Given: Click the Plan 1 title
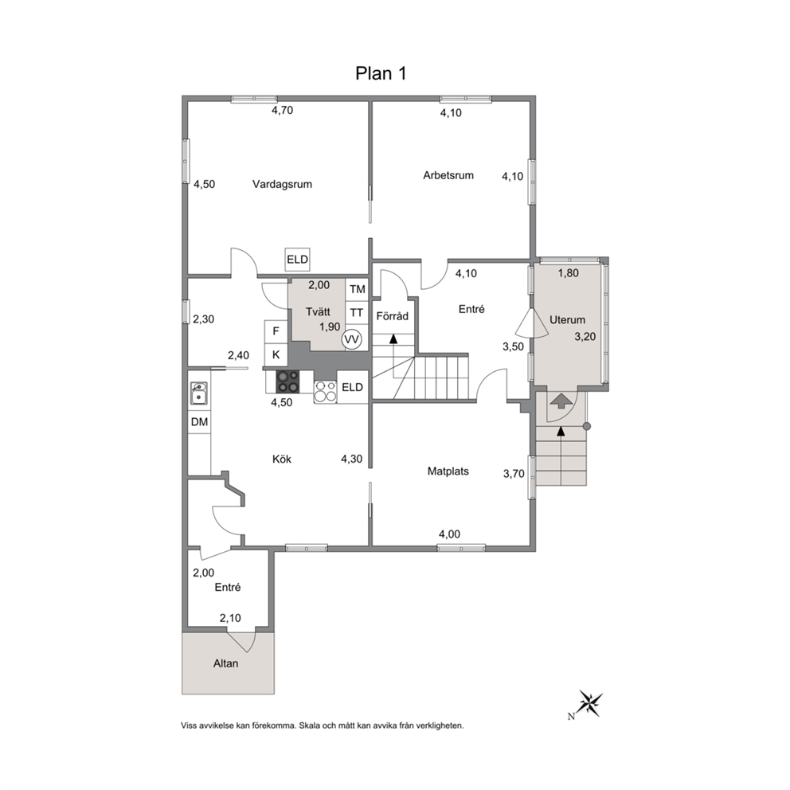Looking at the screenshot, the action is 381,73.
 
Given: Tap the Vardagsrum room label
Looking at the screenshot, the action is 282,185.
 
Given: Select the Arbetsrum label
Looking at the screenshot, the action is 448,175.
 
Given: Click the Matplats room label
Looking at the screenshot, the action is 448,471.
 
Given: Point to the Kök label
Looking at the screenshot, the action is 282,459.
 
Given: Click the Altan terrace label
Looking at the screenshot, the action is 225,663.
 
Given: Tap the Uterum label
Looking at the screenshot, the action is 567,319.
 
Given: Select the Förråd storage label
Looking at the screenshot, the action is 393,316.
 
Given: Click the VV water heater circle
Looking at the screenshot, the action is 351,339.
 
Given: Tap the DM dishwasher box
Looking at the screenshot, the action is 200,422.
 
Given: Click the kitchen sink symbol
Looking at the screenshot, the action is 199,393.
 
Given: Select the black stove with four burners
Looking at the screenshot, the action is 287,381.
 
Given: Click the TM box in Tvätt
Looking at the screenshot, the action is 357,289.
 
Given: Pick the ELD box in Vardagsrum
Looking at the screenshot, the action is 297,260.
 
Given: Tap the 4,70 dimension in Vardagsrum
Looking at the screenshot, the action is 282,111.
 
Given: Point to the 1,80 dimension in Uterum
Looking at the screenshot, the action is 569,273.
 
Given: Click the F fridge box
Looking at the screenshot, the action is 276,331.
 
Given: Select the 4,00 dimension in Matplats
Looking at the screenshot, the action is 449,534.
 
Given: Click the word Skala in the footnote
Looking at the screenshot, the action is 309,726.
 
